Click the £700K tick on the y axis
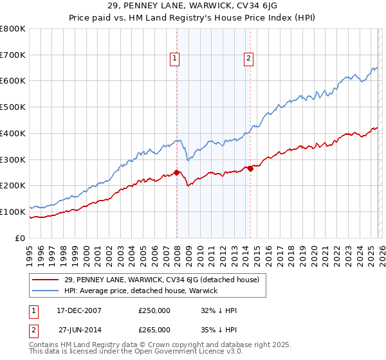tap(13, 55)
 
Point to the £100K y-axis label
tap(13, 212)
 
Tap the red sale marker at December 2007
tap(176, 172)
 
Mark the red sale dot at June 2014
tap(250, 168)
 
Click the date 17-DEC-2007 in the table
tap(74, 310)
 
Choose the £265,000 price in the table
tap(154, 329)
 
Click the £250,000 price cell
tap(154, 310)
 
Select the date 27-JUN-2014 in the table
tap(74, 329)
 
